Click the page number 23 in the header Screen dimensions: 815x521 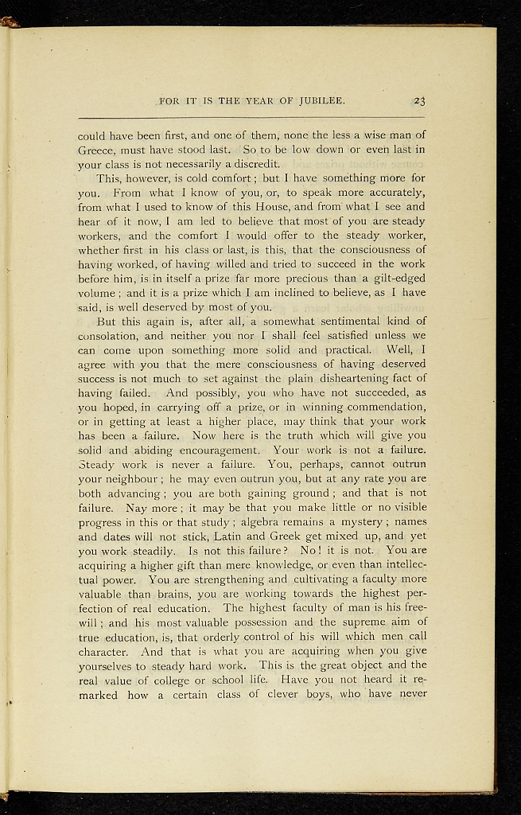pyautogui.click(x=419, y=101)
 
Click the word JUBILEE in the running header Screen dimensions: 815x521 pyautogui.click(x=320, y=101)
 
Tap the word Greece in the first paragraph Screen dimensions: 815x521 pyautogui.click(x=98, y=150)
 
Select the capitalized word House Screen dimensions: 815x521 pyautogui.click(x=280, y=207)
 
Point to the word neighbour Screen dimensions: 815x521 pyautogui.click(x=127, y=478)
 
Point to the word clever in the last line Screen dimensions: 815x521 pyautogui.click(x=275, y=694)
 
